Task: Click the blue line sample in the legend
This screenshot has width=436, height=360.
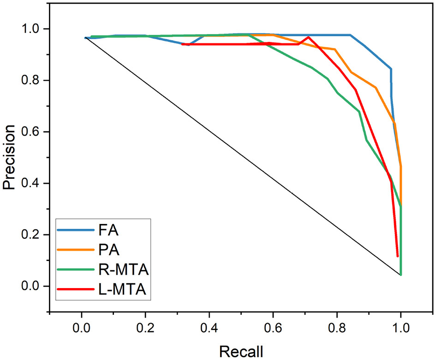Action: coord(73,230)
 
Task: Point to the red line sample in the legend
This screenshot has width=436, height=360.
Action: coord(73,290)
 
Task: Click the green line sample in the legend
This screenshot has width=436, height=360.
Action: coord(73,270)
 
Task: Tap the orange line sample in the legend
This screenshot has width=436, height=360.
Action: coord(73,250)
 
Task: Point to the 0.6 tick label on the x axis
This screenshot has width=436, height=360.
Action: coord(273,330)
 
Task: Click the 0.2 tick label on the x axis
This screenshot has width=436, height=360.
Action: coord(145,330)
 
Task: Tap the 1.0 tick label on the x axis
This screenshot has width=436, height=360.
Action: coord(400,330)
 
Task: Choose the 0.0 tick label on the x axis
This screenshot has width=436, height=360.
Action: coord(82,330)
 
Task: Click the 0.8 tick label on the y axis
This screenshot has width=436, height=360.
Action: coord(33,81)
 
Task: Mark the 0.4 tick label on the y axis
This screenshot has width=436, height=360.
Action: coord(33,183)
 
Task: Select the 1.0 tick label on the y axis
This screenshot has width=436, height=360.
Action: coord(33,29)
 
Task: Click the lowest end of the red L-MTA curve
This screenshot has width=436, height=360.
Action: coord(397,256)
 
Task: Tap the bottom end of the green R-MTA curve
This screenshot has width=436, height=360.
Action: coord(401,275)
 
